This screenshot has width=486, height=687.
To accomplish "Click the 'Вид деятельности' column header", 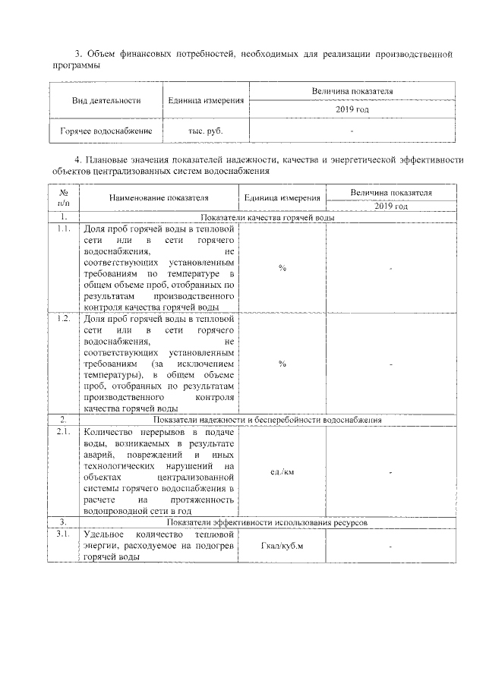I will coord(106,100).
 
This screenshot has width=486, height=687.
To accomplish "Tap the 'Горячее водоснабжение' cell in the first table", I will coord(106,131).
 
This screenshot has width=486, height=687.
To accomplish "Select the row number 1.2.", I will coord(64,319).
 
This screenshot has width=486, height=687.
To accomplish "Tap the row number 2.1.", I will coord(64,432).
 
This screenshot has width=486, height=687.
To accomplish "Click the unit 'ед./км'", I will coord(282,471).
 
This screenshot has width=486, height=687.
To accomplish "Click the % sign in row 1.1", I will coord(282,268).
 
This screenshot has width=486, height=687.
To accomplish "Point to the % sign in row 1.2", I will coord(282,364).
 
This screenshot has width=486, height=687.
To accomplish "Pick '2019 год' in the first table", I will coord(352,110).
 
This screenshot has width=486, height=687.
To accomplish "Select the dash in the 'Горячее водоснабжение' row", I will coord(352,131).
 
